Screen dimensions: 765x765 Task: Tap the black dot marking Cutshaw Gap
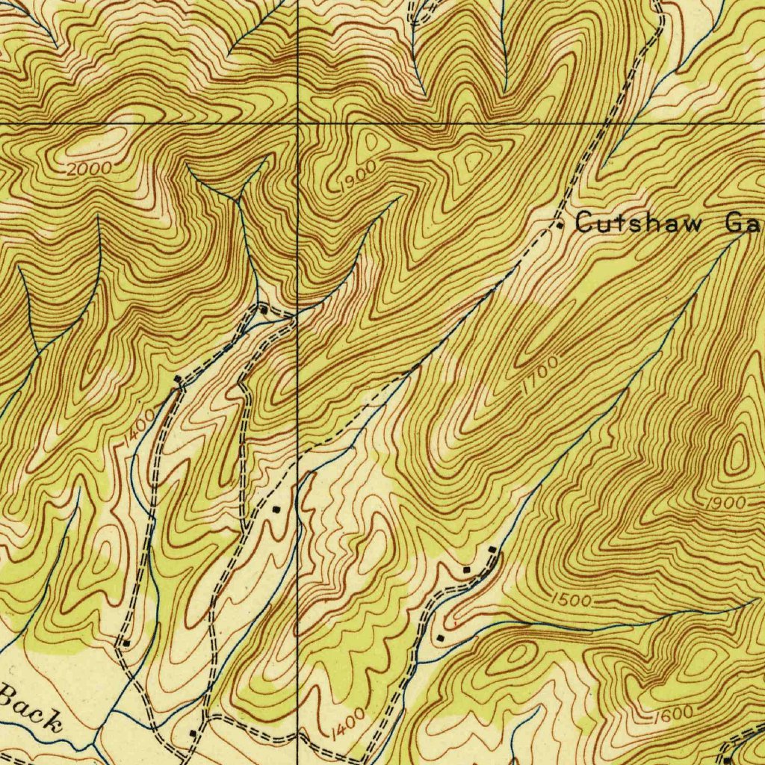point(560,224)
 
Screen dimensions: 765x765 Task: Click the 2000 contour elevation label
point(89,170)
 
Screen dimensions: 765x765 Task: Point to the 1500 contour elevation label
point(572,599)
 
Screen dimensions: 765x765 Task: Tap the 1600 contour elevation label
point(677,714)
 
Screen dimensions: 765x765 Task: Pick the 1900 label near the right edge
point(725,503)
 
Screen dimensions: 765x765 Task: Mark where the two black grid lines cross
point(297,122)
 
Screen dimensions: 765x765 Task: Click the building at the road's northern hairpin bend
point(263,307)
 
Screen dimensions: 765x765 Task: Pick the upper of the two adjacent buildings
point(492,551)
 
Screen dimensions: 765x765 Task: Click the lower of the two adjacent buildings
point(468,570)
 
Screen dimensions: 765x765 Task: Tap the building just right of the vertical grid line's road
point(276,510)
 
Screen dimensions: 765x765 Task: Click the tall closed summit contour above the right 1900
point(738,453)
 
